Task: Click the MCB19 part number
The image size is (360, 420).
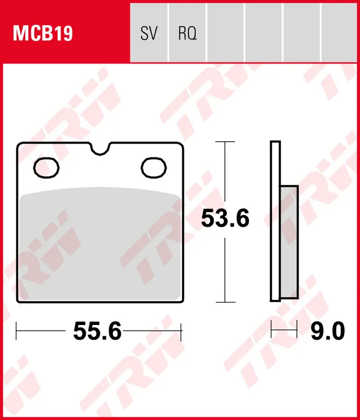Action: coord(43,34)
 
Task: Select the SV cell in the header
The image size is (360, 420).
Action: coord(149,34)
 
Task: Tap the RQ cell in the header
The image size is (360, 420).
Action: coord(187,34)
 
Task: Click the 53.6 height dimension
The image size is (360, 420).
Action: coord(225,218)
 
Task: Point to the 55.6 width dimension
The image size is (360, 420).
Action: coord(97,331)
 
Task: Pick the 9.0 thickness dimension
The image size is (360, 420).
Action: coord(327,331)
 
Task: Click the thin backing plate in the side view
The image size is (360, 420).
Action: coord(275,220)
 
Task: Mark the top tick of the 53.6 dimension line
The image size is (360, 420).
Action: coord(225,142)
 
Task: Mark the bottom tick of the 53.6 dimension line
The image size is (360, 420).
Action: coord(225,302)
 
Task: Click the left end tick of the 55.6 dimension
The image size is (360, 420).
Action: coord(17,331)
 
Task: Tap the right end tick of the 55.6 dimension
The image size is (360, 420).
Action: coord(181,331)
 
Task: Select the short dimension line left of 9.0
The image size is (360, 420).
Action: coord(284,330)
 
